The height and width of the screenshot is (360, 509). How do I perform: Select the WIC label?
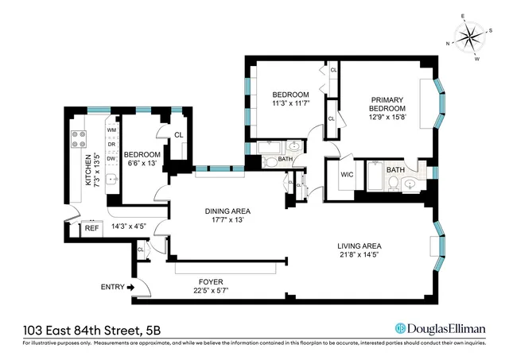347,175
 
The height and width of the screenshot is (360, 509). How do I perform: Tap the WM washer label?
111,130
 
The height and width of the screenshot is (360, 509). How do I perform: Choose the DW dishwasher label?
111,159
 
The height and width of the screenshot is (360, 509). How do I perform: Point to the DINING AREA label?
228,211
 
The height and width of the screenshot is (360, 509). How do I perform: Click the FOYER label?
212,281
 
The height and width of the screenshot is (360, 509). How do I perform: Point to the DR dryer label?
111,144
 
